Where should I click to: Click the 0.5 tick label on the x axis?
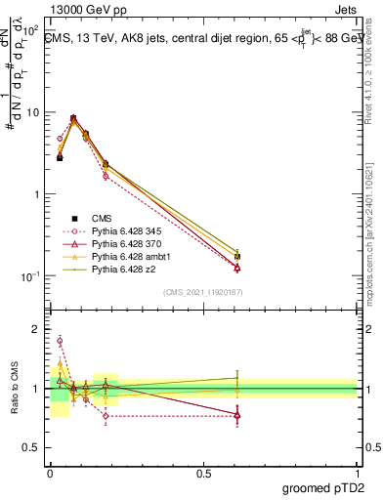[203, 472]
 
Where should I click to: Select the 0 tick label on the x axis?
[51, 472]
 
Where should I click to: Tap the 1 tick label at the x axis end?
[356, 472]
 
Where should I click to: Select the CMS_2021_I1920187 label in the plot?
[203, 291]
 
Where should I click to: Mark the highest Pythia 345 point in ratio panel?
[60, 341]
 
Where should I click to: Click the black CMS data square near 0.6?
[237, 257]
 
